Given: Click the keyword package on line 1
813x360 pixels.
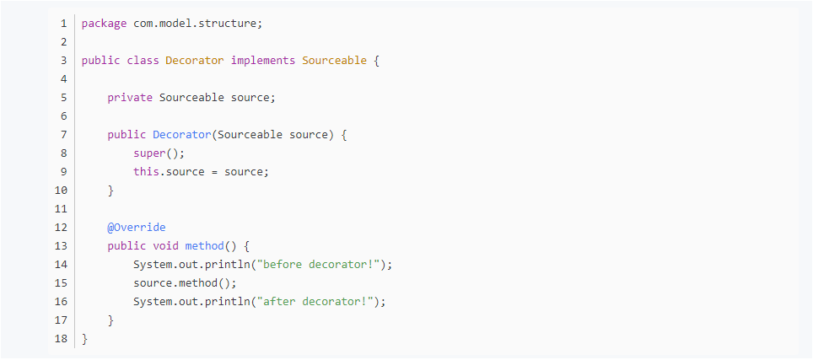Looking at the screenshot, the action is [105, 24].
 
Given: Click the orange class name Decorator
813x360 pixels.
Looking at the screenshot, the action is [195, 61].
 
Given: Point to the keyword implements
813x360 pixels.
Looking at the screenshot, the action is [263, 61].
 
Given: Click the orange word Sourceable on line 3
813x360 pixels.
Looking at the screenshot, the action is [335, 61].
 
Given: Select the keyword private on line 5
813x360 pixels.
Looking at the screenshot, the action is [130, 98].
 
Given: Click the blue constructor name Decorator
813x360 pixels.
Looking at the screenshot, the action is [182, 135].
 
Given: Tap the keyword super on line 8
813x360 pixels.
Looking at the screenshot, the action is [149, 153].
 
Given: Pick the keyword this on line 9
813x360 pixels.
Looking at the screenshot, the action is [146, 171].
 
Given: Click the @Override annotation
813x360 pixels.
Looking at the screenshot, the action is [137, 228].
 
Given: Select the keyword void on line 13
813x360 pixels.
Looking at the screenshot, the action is [166, 245].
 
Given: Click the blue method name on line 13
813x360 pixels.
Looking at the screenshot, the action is [204, 245].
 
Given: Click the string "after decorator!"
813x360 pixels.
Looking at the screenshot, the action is [315, 302].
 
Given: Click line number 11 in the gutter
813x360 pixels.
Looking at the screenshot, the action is [62, 209].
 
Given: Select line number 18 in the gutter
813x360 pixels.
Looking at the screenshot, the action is [62, 339].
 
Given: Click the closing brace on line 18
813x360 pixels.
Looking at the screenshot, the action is [85, 339].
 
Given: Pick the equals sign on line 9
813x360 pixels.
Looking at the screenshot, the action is [214, 172].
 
